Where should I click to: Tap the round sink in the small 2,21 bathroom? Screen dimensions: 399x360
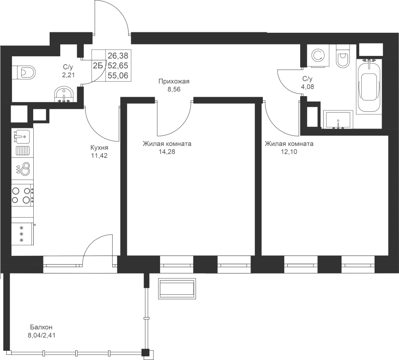point(63,94)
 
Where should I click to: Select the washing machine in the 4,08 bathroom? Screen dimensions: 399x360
point(318,56)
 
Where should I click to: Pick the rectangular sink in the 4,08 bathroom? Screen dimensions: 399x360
point(338,119)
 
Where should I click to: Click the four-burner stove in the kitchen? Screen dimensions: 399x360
point(23,195)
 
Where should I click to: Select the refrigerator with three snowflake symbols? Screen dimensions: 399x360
point(23,233)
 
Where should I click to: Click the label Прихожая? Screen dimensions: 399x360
point(174,82)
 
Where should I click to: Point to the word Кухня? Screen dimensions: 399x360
point(99,148)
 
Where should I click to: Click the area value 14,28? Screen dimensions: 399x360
point(167,152)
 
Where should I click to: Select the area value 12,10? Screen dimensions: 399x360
point(289,152)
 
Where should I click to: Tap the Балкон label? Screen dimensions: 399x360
point(41,327)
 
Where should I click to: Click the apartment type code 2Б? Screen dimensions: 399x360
point(98,66)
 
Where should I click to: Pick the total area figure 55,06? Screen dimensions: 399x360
point(118,75)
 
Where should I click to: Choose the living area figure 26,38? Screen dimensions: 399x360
point(118,55)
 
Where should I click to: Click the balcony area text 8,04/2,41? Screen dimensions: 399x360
point(42,335)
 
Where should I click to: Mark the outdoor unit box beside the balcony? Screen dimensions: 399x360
point(177,289)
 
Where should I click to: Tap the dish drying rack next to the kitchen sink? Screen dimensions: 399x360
point(23,151)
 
